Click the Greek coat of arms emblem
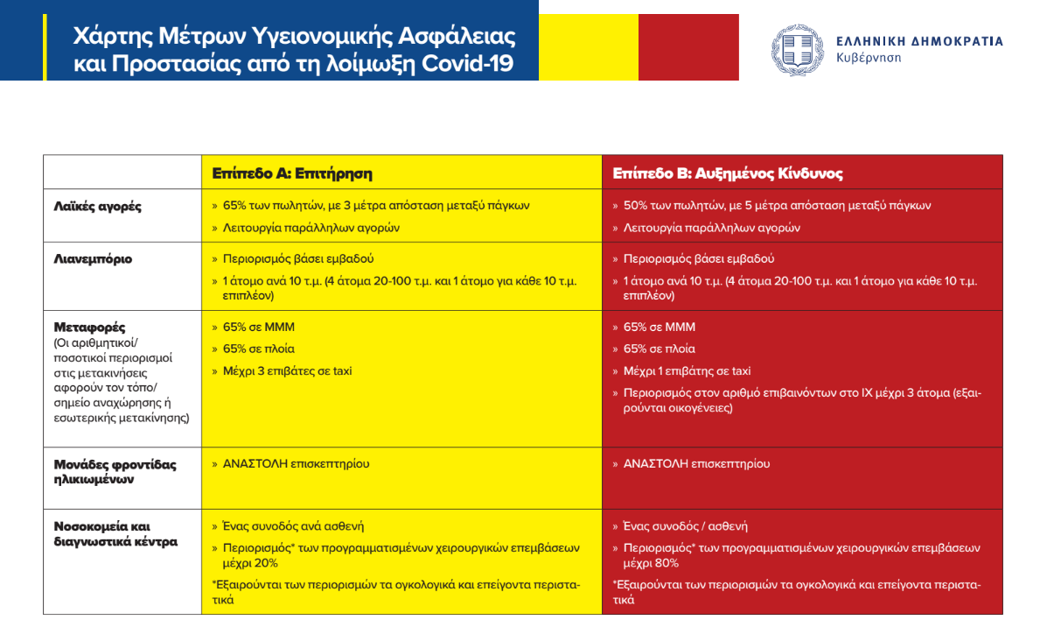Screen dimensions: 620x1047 [796, 49]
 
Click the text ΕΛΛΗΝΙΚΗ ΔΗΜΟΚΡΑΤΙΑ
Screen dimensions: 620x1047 [919, 41]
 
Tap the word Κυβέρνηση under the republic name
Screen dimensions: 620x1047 [869, 58]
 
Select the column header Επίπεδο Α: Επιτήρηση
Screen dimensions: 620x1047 [292, 173]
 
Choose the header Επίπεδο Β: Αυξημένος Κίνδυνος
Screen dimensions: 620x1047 [728, 173]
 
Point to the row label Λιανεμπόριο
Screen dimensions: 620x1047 [93, 259]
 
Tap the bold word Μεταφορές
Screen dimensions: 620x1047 [89, 328]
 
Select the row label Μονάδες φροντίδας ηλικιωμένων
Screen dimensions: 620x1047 [115, 472]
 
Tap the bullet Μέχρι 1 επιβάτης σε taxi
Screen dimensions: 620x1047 [687, 371]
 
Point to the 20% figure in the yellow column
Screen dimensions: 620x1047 [265, 563]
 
